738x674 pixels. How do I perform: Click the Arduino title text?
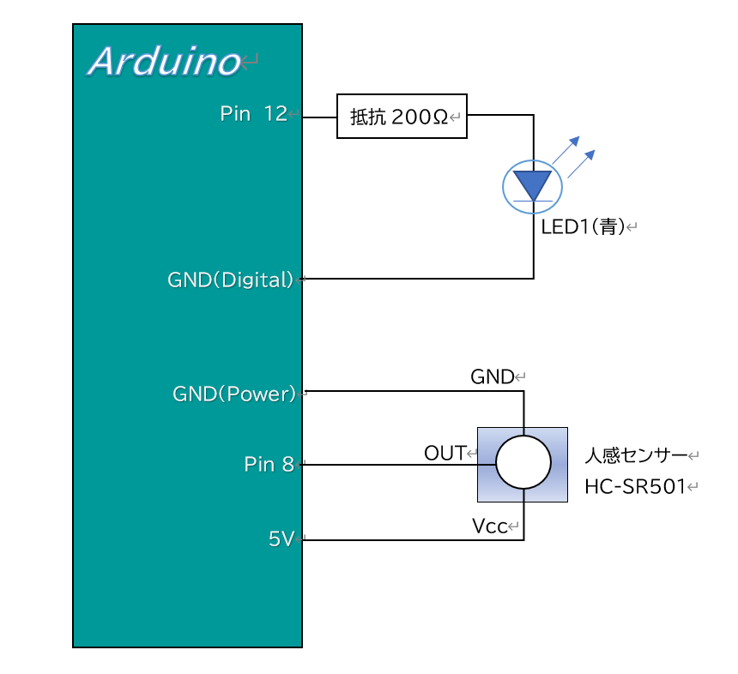(164, 62)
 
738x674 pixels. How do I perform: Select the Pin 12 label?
(253, 114)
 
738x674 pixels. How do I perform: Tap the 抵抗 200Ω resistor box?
(401, 116)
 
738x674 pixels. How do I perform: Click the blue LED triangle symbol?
(533, 184)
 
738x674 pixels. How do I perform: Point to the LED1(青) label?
(582, 227)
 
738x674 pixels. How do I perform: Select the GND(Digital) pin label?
(231, 280)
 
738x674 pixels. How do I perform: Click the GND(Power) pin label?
(233, 394)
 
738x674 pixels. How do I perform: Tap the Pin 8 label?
(269, 465)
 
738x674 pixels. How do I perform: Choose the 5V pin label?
(281, 539)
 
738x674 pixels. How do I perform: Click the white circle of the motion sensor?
(523, 463)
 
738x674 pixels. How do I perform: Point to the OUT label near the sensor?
(445, 453)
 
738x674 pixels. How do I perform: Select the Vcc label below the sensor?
(489, 525)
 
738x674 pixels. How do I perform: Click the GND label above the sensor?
(492, 376)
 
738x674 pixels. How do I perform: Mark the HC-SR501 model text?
(635, 487)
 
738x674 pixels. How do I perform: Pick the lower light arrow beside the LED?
(581, 163)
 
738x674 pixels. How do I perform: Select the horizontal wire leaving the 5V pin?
(403, 540)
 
